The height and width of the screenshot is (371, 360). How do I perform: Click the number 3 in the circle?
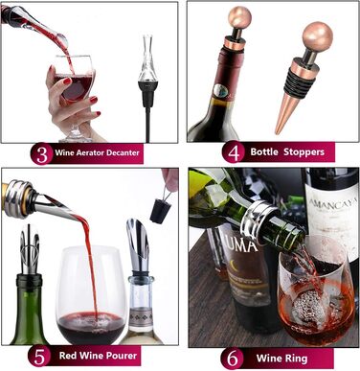[x=42, y=153]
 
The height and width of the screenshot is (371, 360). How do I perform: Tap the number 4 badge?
[x=234, y=151]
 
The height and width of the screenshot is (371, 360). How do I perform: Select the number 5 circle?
[x=39, y=356]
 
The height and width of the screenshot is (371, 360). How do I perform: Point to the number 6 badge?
[x=232, y=359]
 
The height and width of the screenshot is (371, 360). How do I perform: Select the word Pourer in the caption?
[x=121, y=356]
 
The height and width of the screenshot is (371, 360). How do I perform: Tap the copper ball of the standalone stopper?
[x=317, y=36]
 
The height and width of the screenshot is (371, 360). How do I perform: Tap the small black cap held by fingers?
[x=160, y=211]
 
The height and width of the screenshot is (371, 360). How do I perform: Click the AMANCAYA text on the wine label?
[x=333, y=202]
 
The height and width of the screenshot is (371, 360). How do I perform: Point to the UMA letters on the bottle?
[x=244, y=245]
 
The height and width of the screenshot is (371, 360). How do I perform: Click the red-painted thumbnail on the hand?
[x=67, y=81]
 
